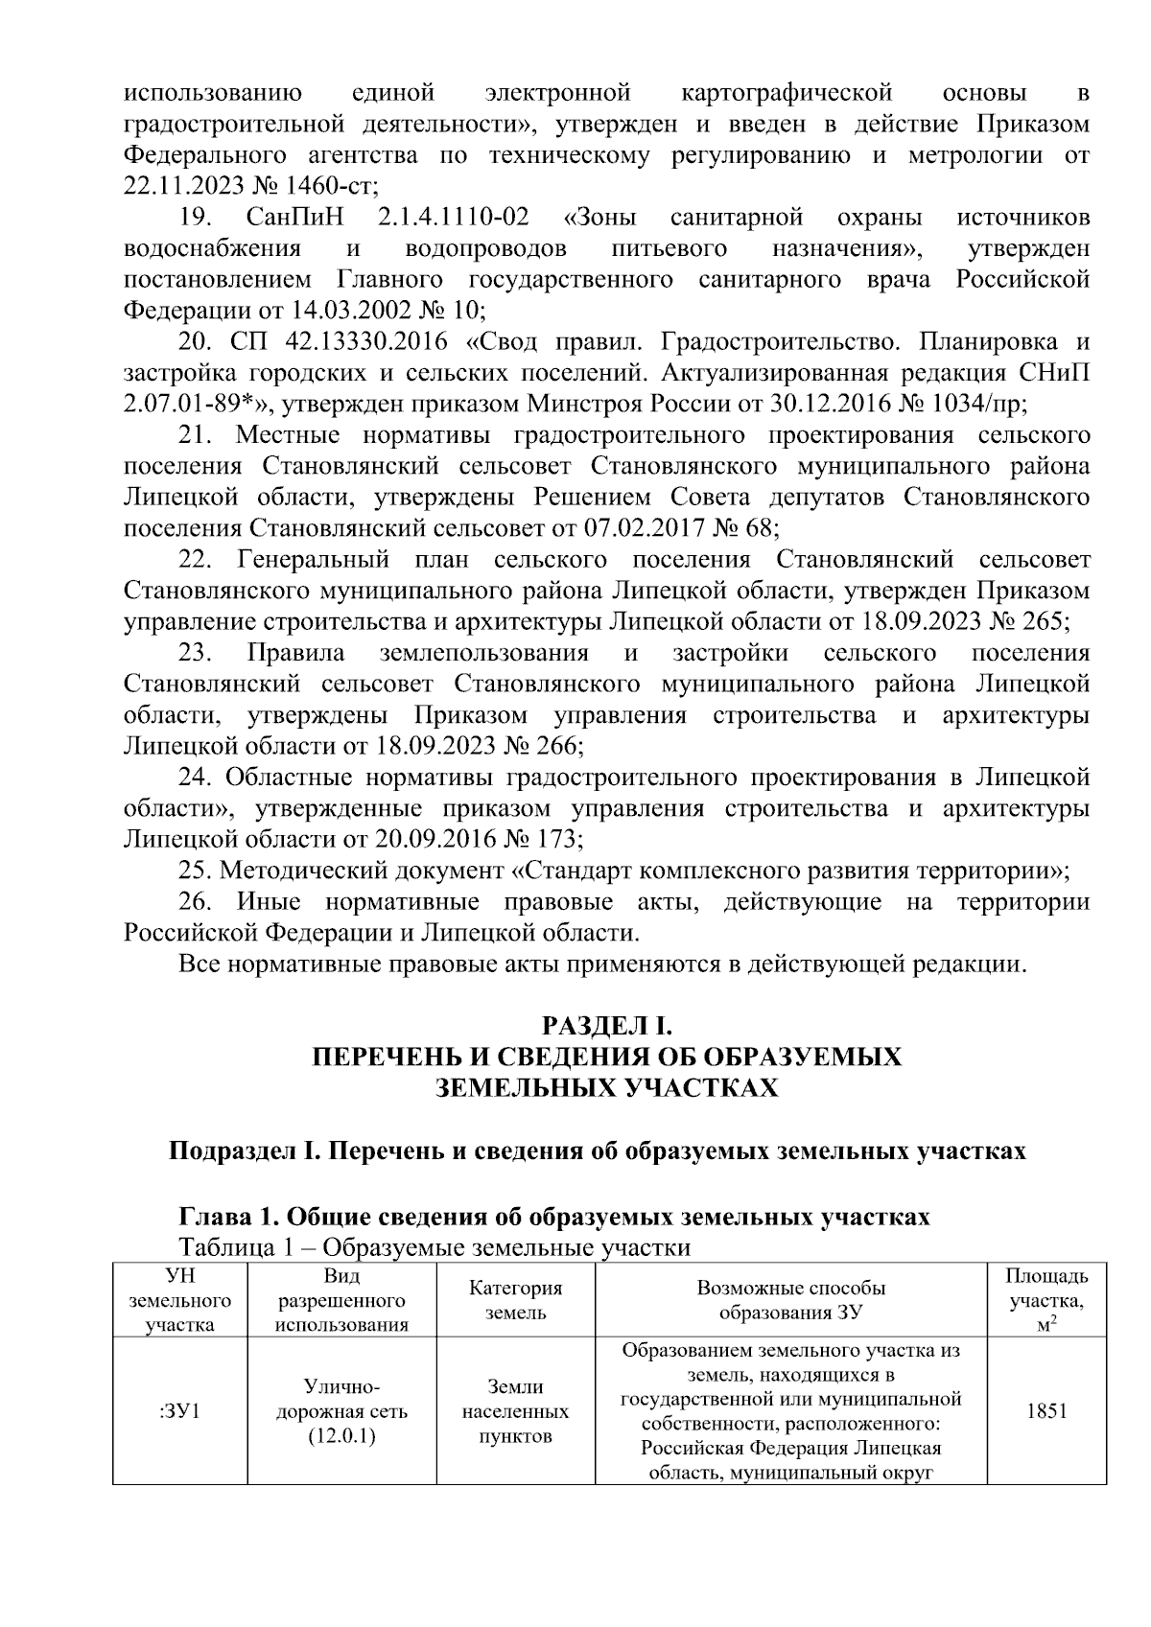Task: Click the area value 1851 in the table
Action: (x=1046, y=1412)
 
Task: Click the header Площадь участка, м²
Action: (x=1046, y=1301)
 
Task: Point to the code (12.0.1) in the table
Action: (x=341, y=1436)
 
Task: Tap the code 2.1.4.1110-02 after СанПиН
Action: (x=454, y=218)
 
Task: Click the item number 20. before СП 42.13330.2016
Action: (x=199, y=342)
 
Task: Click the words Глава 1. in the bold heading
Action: (x=228, y=1217)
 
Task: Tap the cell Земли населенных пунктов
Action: (x=515, y=1412)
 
